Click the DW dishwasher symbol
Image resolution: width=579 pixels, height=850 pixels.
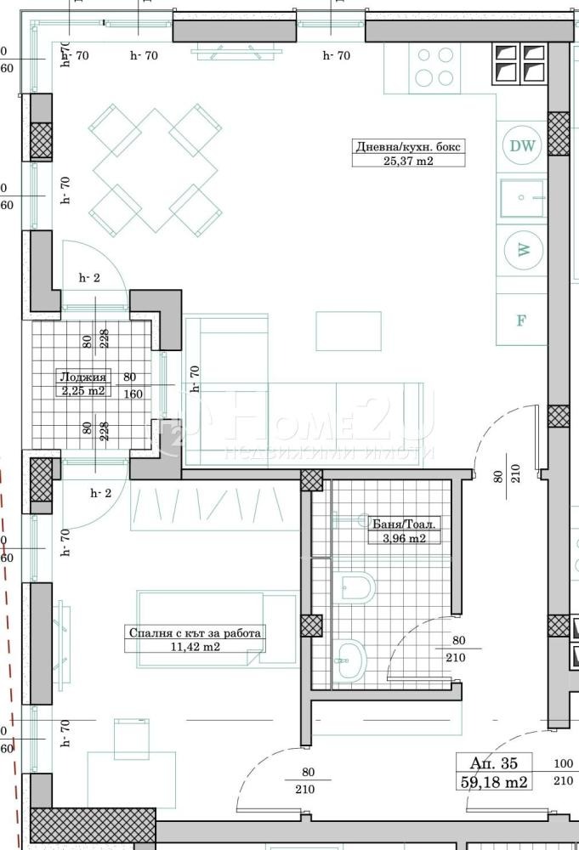[523, 145]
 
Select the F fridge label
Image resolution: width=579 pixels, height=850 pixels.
[522, 320]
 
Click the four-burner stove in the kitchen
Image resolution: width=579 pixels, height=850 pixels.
[434, 67]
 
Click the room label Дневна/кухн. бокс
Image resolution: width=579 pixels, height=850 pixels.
[410, 146]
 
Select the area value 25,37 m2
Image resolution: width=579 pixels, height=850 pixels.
[410, 160]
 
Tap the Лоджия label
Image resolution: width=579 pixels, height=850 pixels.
[82, 378]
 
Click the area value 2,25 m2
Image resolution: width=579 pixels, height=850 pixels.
[82, 391]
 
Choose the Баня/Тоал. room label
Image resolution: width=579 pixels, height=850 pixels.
[398, 524]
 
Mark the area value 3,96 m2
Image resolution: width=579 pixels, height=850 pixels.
[398, 537]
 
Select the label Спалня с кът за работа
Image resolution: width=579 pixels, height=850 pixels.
[195, 632]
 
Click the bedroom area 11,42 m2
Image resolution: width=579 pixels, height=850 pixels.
[195, 646]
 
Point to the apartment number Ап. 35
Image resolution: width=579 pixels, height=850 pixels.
[493, 762]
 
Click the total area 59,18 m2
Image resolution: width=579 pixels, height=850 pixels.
[493, 780]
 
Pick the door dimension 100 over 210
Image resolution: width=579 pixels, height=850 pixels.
[563, 772]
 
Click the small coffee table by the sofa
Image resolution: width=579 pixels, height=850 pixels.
[349, 331]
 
